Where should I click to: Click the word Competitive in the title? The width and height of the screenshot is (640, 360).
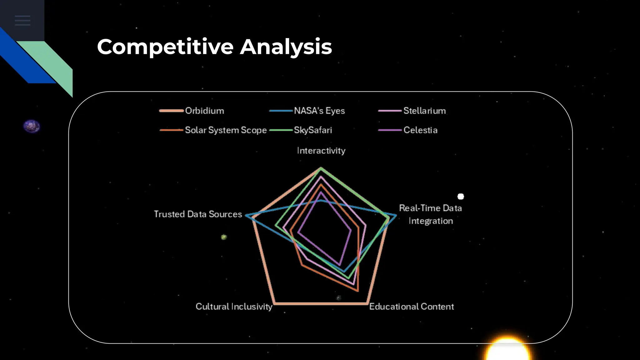[x=165, y=47]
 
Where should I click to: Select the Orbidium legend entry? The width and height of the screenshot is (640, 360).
[x=204, y=111]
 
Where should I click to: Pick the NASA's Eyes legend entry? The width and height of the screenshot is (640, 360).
[x=319, y=111]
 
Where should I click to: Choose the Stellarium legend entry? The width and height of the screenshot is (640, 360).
[x=424, y=111]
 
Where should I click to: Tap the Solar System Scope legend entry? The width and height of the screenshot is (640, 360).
[x=226, y=130]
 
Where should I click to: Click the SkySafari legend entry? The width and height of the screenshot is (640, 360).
[x=313, y=130]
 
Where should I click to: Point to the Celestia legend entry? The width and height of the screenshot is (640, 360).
[x=420, y=130]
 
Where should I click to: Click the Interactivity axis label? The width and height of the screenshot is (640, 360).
[x=321, y=151]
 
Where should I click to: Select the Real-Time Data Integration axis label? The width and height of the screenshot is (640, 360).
[x=430, y=214]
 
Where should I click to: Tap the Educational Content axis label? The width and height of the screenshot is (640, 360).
[x=411, y=307]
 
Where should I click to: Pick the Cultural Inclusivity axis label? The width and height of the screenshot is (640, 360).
[x=234, y=307]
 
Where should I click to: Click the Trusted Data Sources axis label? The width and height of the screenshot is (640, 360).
[x=198, y=214]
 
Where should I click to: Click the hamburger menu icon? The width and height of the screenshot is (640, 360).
[x=22, y=21]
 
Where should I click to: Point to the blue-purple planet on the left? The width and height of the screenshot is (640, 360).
[x=32, y=127]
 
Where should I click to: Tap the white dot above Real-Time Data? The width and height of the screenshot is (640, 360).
[x=461, y=197]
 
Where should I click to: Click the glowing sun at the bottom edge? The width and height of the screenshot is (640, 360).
[x=507, y=350]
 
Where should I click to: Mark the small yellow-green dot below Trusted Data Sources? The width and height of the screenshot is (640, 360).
[x=224, y=237]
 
